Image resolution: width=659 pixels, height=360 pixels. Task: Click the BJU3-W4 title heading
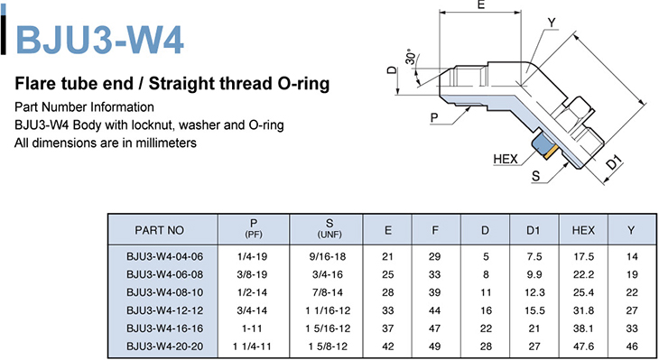99,40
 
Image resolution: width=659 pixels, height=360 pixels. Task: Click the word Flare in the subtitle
32,84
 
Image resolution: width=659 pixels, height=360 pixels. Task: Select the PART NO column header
159,230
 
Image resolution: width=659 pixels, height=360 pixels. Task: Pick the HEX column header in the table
583,230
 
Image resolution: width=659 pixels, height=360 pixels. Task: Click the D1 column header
533,230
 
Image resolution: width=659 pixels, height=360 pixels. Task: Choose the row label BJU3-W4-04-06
164,256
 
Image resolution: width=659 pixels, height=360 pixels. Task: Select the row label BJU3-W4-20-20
164,346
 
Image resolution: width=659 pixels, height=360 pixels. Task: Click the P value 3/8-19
252,274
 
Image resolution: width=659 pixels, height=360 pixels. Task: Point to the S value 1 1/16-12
328,310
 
